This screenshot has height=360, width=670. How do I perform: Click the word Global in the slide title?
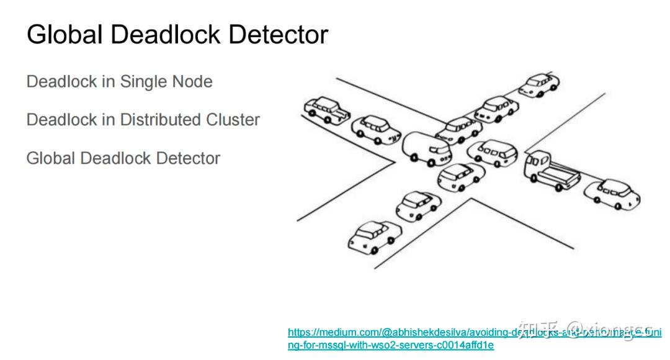[64, 35]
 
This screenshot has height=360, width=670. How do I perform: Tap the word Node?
[193, 81]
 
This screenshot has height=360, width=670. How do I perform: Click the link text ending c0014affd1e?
[391, 345]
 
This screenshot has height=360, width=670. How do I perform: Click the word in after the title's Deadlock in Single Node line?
[105, 81]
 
